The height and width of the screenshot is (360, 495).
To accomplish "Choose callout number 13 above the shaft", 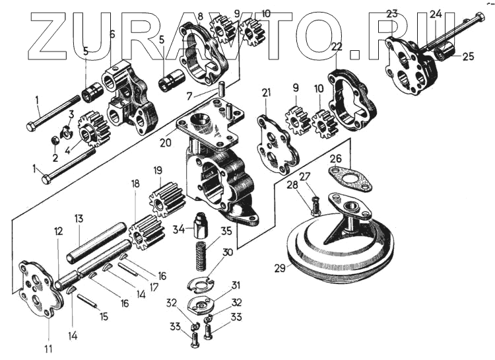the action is [x=78, y=219].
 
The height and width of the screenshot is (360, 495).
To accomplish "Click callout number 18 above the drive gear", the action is [x=135, y=184].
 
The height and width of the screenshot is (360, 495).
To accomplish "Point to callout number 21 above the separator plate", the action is [x=266, y=92].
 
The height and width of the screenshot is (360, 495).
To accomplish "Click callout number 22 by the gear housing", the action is [x=337, y=46].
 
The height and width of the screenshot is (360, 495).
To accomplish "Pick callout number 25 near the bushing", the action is [x=468, y=57].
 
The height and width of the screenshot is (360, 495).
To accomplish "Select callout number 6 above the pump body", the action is [x=112, y=34].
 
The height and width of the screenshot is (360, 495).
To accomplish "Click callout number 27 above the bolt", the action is [x=305, y=176].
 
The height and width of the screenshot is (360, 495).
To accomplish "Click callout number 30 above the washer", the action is [x=228, y=252].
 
